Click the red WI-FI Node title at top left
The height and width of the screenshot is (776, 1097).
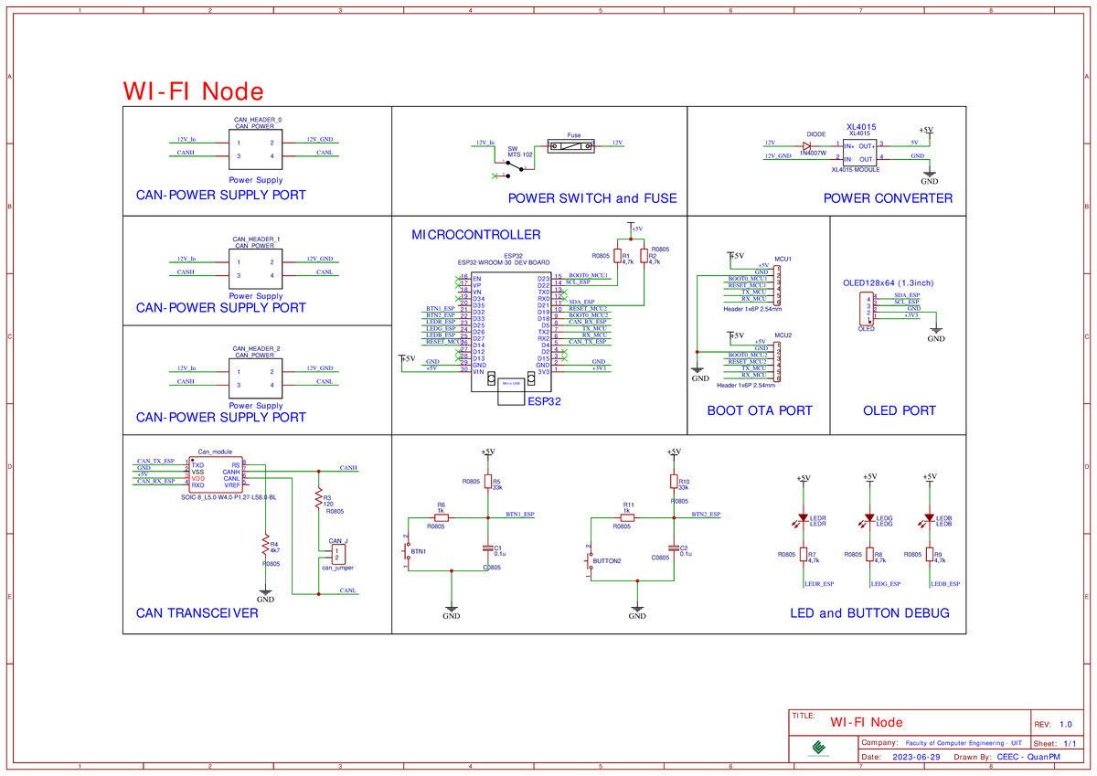pos(194,91)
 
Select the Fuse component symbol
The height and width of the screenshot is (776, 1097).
pos(571,144)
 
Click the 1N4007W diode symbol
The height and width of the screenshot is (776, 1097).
pos(807,144)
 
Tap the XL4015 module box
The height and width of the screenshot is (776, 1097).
pos(860,151)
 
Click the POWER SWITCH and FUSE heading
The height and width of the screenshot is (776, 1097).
pos(592,198)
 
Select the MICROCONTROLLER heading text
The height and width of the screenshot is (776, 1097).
pos(475,235)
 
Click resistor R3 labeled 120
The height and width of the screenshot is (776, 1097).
pos(318,498)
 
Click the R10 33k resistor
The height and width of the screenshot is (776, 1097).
pos(674,483)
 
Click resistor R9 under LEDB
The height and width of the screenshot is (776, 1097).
pos(930,556)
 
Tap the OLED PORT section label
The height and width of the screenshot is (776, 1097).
pos(899,411)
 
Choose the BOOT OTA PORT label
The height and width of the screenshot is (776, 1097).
pos(759,411)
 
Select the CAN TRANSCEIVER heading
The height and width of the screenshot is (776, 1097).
pos(197,613)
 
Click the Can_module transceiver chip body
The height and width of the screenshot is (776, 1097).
pos(216,473)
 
